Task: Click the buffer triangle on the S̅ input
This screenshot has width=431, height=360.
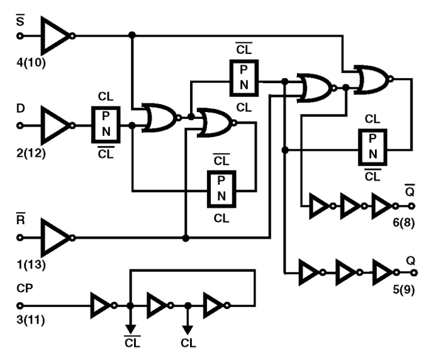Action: [x=55, y=35]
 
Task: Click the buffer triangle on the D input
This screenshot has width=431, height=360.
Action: [x=55, y=124]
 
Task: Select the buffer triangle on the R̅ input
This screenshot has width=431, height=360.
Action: [x=55, y=237]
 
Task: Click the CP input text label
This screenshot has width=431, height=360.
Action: [x=24, y=287]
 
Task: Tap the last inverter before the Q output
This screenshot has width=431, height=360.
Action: [x=383, y=272]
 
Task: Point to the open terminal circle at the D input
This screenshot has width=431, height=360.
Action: [x=20, y=125]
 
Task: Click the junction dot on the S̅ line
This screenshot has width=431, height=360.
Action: [x=132, y=35]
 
